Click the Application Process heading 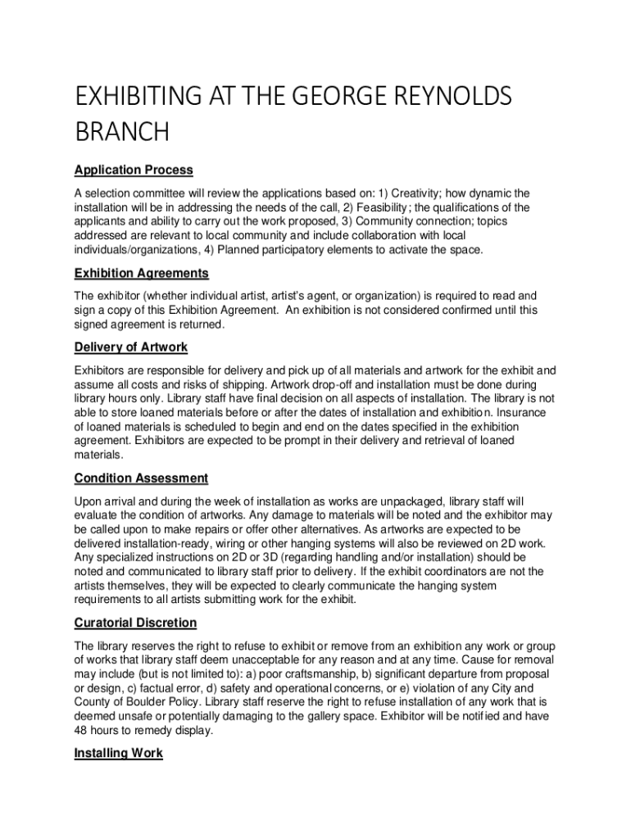[134, 170]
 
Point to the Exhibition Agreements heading [142, 273]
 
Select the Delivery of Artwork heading [131, 347]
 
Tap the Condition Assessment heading [141, 478]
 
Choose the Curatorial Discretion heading [135, 623]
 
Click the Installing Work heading [118, 753]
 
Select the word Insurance [519, 412]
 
